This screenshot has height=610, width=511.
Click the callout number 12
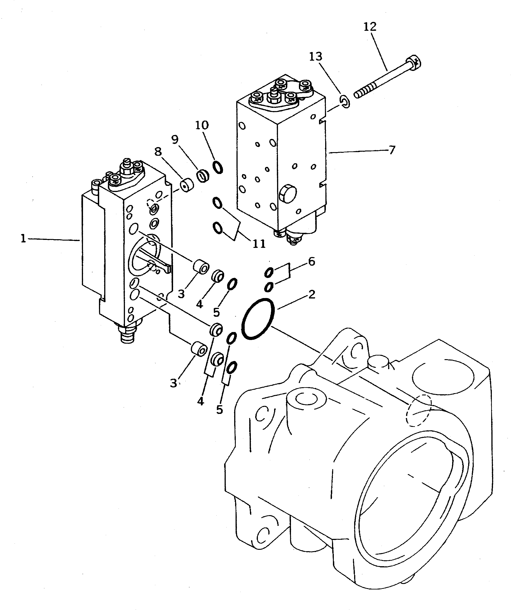370,27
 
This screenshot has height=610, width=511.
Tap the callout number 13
316,56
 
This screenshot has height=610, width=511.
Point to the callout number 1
23,239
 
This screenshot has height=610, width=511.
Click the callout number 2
311,295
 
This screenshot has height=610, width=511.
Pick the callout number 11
259,243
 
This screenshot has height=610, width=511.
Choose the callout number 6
311,261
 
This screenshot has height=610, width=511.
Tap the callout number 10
202,125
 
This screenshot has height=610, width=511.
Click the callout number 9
175,140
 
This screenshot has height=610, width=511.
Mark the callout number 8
158,151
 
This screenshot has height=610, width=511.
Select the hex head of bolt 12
414,62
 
